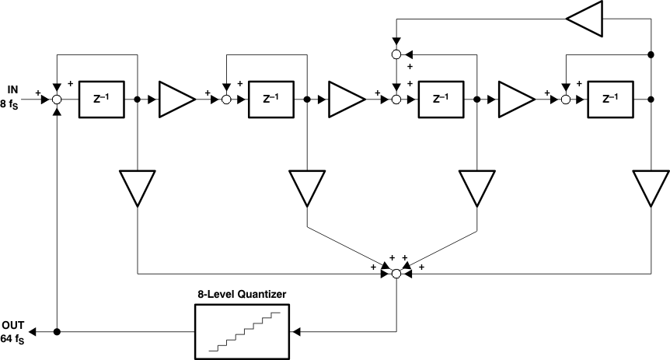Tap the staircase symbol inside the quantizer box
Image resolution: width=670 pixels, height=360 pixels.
click(241, 331)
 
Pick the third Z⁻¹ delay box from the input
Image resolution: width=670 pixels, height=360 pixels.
click(440, 100)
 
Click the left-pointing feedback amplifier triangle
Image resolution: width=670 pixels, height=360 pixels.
click(584, 18)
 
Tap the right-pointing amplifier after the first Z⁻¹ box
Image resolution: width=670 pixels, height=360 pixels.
click(176, 100)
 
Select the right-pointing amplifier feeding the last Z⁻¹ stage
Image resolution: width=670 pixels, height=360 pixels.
click(515, 100)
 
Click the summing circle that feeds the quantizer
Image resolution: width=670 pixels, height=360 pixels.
click(396, 274)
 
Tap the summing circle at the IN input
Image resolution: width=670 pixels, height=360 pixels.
click(57, 100)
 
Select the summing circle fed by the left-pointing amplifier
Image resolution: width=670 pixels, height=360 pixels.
click(396, 54)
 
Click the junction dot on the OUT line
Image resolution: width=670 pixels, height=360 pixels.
click(57, 332)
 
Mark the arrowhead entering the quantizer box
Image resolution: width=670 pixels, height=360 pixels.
click(296, 332)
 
